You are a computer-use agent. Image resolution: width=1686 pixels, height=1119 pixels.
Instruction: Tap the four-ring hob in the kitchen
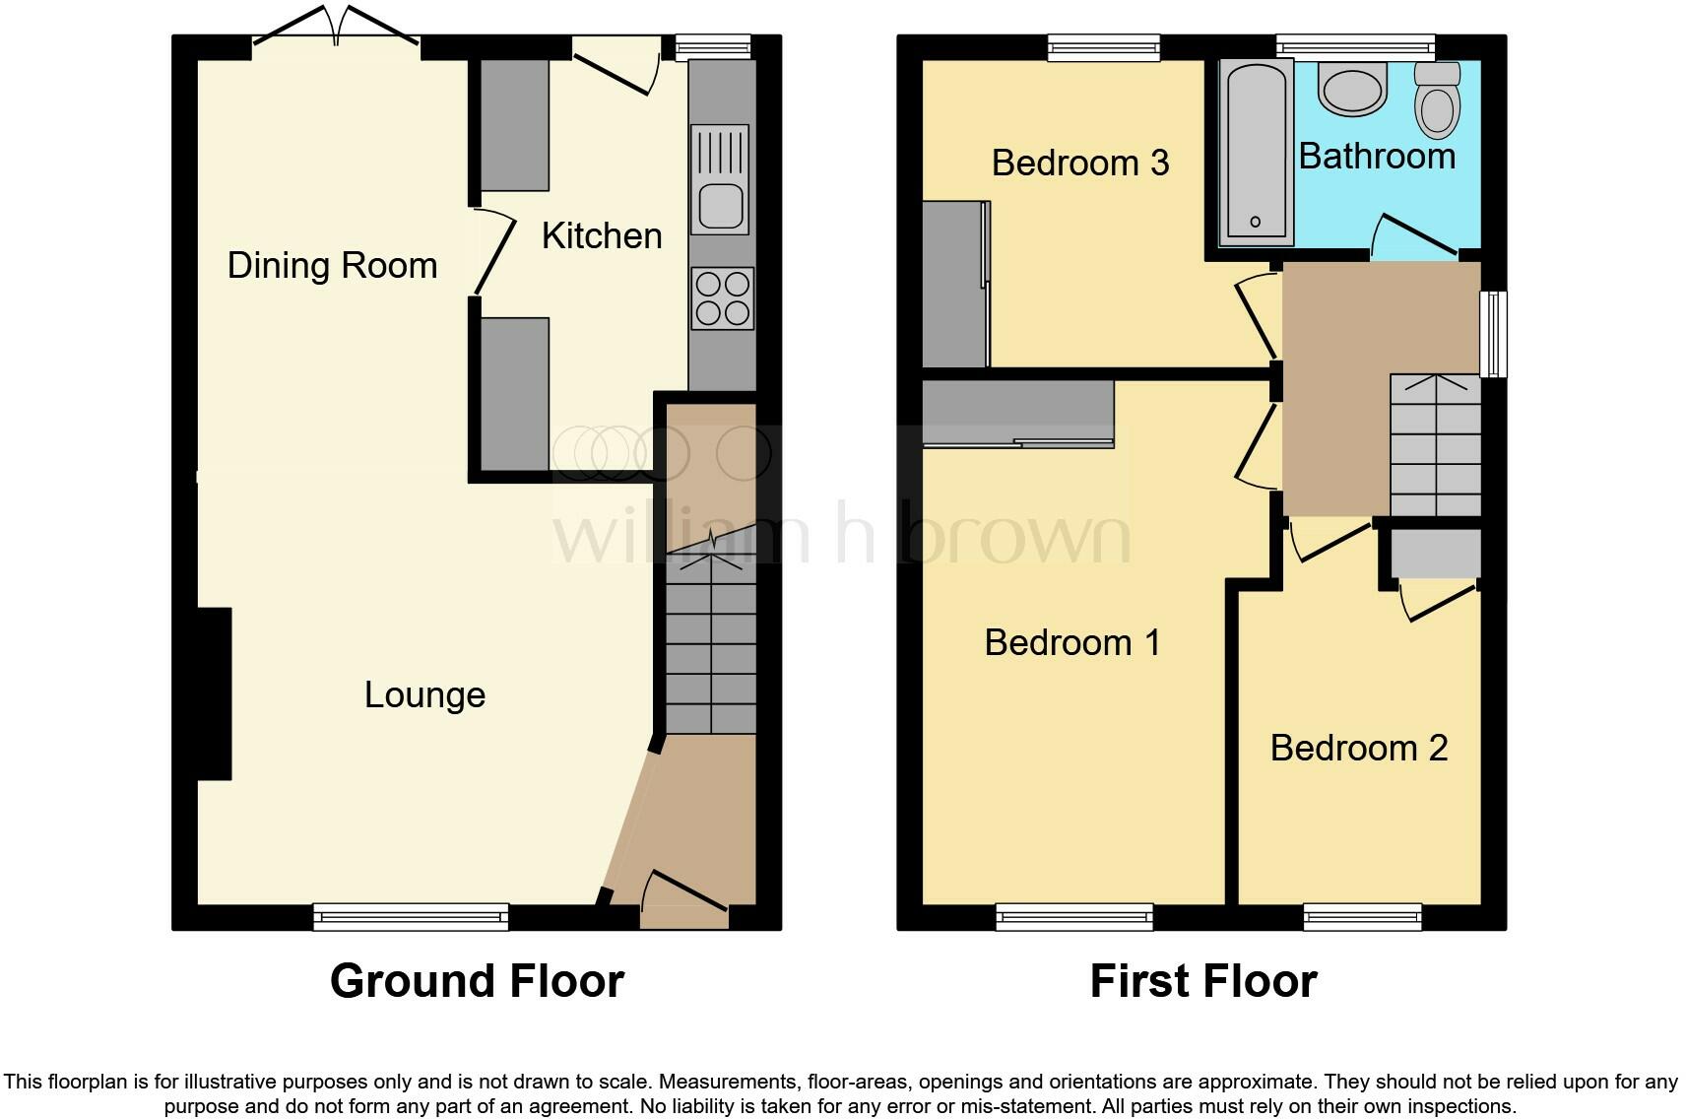pos(722,298)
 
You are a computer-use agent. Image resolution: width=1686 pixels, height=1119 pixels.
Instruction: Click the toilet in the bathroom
pos(1437,100)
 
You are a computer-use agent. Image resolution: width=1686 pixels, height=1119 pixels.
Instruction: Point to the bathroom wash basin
pos(1352,89)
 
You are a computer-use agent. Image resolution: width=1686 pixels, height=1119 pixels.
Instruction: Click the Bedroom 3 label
pos(1079,163)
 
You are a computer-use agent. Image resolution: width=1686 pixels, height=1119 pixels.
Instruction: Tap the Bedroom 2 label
pos(1358,748)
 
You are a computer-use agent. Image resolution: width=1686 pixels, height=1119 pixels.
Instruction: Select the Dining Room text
pos(332,265)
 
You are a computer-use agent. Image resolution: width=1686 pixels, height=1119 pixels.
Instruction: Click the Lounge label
pos(424,694)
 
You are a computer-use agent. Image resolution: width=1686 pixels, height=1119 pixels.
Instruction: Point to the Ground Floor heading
pos(477,981)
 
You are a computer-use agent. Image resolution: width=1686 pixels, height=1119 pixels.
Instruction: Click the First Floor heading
pos(1202,981)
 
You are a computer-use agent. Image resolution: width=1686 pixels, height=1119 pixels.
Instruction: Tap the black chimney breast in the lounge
pos(215,693)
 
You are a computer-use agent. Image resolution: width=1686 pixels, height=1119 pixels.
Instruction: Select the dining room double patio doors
pos(336,28)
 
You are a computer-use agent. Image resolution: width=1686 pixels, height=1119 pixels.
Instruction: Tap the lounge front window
pos(411,917)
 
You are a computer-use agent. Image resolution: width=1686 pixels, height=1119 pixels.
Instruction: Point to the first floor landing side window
pos(1495,333)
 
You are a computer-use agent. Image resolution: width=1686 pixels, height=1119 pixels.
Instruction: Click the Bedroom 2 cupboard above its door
pos(1436,554)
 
